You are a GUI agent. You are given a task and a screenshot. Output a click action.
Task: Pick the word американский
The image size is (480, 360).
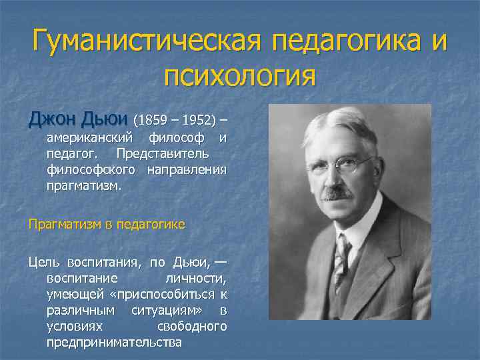91,139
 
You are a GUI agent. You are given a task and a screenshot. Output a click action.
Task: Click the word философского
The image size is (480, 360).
91,171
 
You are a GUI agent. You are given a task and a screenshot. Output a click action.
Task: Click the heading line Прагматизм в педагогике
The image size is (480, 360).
106,225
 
